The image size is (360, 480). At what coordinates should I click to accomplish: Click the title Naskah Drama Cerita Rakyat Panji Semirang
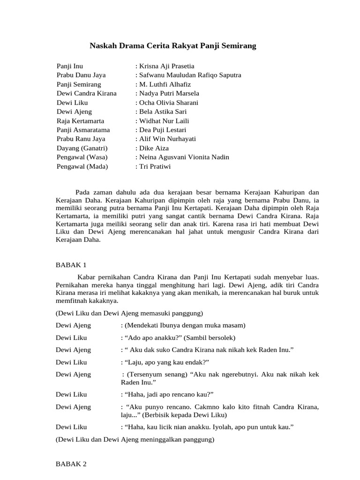pos(173,46)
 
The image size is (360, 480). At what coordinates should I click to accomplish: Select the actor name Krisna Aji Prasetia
pos(165,66)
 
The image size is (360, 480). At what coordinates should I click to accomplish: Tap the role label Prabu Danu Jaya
pos(81,75)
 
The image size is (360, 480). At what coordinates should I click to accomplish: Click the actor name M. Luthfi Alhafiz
pos(163,84)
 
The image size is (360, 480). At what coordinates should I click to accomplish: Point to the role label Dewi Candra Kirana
pos(87,93)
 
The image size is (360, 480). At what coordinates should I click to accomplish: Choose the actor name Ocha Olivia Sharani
pos(166,103)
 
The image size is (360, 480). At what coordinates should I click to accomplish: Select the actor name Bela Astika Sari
pos(161,112)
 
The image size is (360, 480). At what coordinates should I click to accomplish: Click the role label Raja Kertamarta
pos(80,121)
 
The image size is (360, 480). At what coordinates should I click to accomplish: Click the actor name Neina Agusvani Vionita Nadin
pos(182,157)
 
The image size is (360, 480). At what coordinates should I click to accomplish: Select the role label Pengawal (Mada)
pos(82,166)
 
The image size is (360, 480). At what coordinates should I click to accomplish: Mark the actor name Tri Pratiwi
pos(152,166)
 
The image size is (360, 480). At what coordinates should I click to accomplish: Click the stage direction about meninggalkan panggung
pos(135,440)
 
